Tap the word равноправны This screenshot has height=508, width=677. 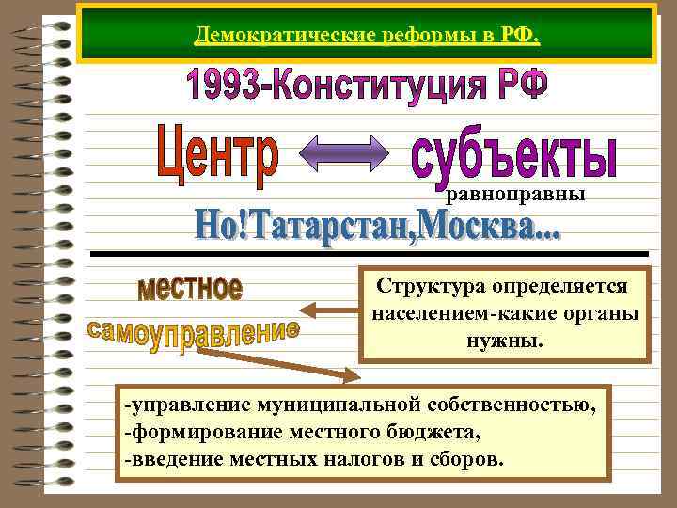[515, 195]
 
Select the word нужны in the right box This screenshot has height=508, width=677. [505, 338]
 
